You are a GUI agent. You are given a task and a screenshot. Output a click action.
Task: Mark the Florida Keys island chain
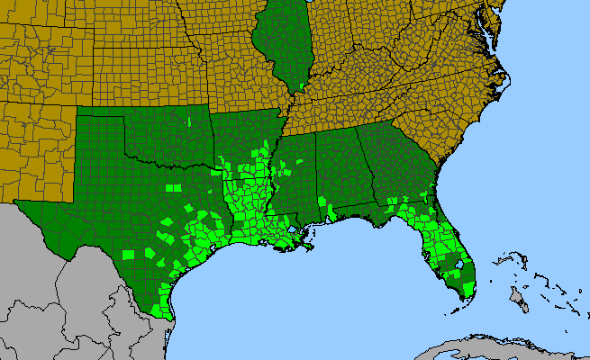tap(450, 311)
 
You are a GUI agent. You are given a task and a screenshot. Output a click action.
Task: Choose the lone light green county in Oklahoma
tap(189, 120)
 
